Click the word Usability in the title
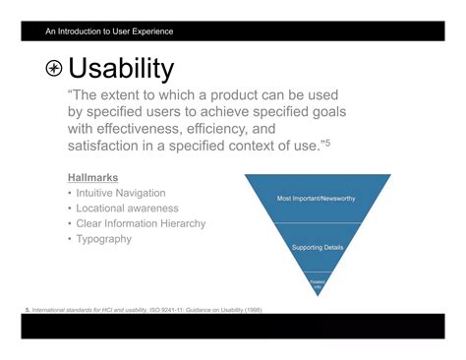point(121,69)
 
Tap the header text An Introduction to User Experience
point(108,31)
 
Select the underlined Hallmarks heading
point(93,177)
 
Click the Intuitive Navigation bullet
point(121,193)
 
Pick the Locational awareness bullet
point(127,209)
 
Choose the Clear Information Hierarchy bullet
point(141,223)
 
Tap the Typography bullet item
point(103,239)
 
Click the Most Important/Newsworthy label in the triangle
point(317,199)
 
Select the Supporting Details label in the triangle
point(317,247)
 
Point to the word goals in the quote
point(322,112)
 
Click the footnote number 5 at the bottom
point(27,310)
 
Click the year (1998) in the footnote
point(251,310)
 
